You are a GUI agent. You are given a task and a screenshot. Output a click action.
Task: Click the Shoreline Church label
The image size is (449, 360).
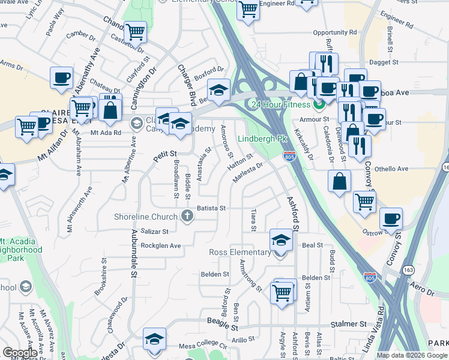point(146,217)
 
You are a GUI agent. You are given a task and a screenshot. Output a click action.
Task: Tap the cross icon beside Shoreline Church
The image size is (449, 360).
point(187,216)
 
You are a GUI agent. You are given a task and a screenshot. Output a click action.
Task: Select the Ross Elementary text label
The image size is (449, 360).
point(240,252)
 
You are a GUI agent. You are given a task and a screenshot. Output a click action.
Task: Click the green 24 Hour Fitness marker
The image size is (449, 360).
point(319,104)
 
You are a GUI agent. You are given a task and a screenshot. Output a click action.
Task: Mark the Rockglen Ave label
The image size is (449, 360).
point(160,245)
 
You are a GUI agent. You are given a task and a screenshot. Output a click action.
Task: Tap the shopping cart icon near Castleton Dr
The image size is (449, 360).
point(136,32)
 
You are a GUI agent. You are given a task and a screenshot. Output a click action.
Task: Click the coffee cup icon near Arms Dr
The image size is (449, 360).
point(61,79)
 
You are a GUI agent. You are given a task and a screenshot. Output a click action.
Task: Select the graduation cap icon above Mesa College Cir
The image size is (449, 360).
point(154,339)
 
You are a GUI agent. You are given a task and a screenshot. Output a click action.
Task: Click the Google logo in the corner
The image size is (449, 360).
point(20,353)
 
